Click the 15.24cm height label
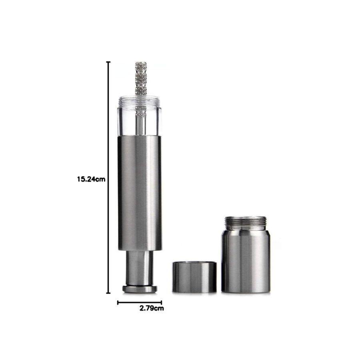[91, 179]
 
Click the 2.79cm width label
[152, 308]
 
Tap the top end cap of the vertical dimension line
[108, 62]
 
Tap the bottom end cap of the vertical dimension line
[108, 293]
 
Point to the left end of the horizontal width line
[118, 303]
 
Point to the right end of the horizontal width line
[162, 303]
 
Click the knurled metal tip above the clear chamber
[141, 78]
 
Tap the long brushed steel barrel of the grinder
[140, 193]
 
